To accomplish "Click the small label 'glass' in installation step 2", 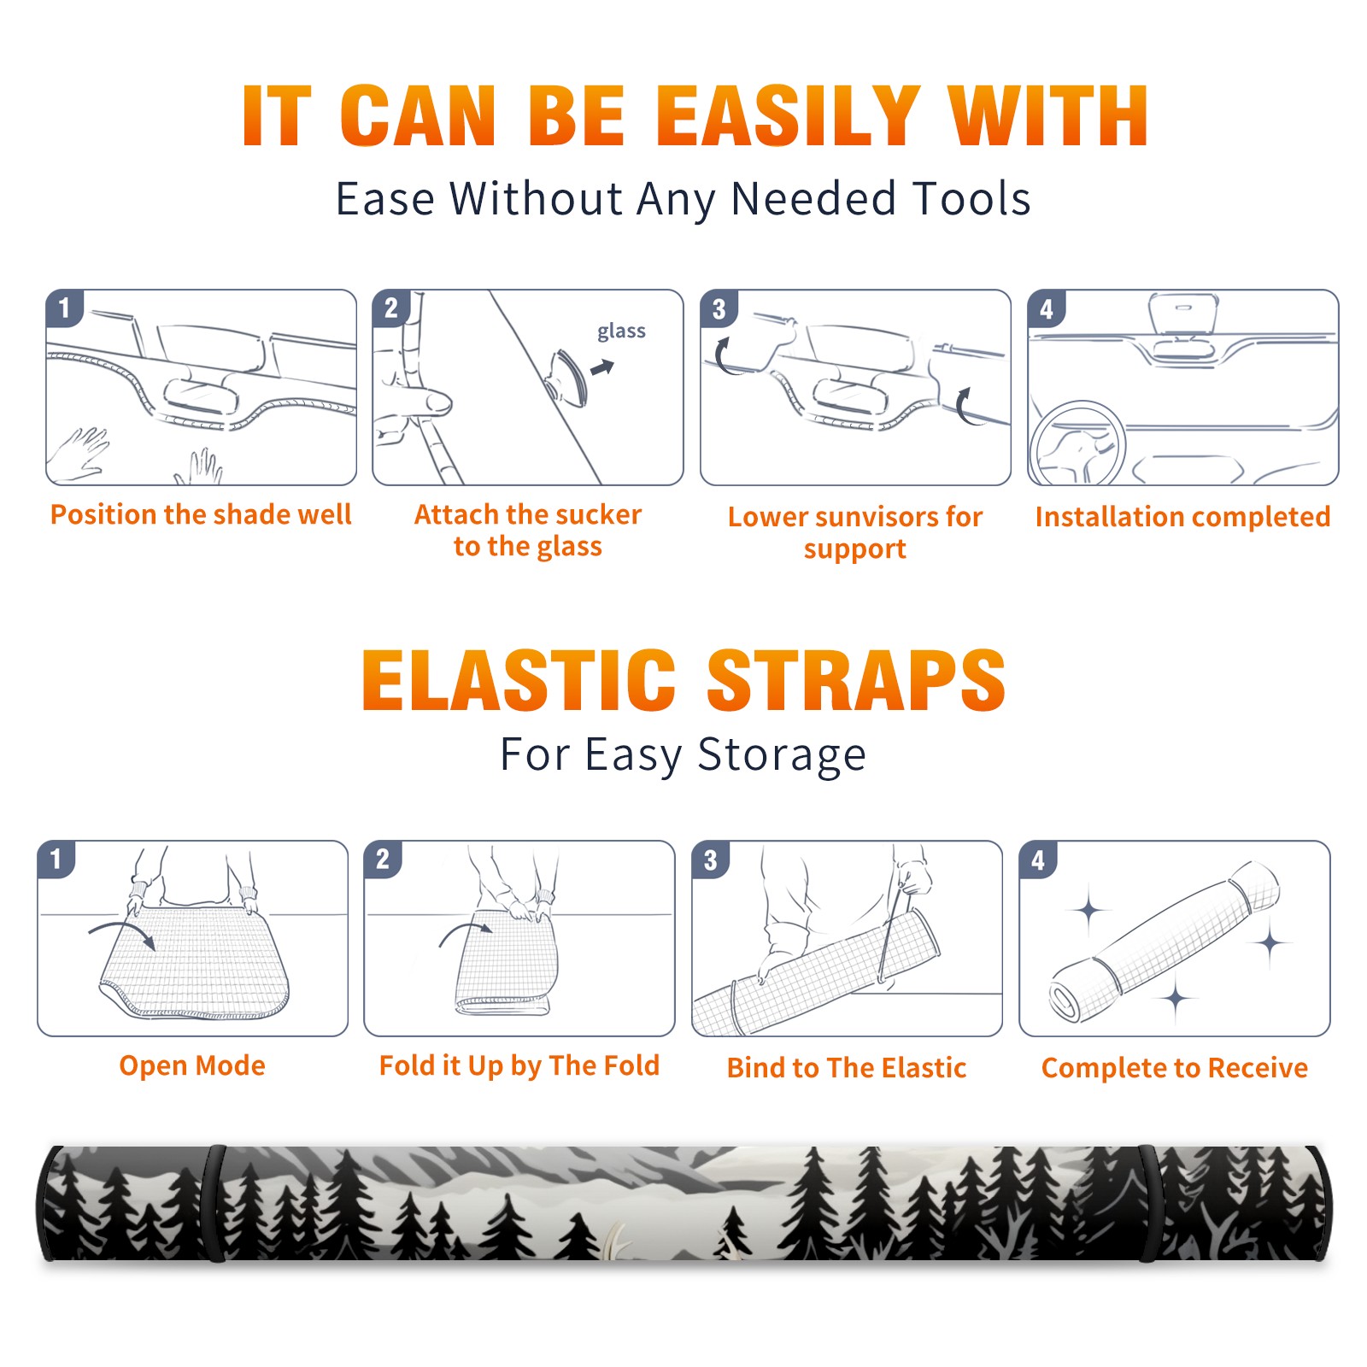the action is (621, 331).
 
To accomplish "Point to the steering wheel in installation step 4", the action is (1078, 443).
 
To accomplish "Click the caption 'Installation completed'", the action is (1182, 517).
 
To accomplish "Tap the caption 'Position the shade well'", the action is (201, 514).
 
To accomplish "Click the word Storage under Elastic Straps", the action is (782, 755).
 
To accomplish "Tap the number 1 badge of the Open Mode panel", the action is (56, 860).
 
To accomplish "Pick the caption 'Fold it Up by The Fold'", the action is (519, 1065).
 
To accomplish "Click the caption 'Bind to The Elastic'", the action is (847, 1068).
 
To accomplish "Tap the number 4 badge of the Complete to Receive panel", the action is (1038, 860).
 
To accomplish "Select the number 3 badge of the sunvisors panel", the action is (719, 308).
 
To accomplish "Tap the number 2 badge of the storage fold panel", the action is (383, 860).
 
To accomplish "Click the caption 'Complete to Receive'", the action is (1175, 1068).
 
